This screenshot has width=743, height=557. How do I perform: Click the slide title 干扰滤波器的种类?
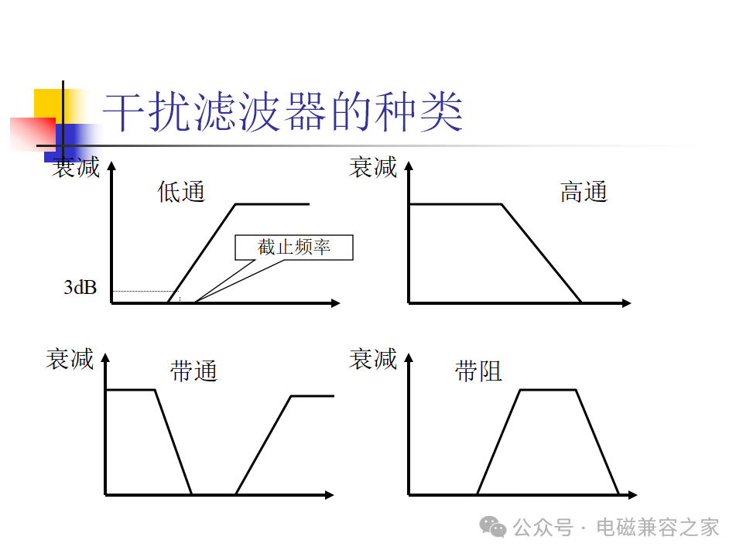click(x=283, y=111)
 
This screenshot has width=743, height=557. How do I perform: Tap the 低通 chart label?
click(x=181, y=192)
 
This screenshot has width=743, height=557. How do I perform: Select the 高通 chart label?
click(x=584, y=192)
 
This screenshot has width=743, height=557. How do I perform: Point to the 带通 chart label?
click(x=193, y=371)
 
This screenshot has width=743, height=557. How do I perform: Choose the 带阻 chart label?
click(x=478, y=371)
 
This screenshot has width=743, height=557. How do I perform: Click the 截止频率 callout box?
click(x=294, y=248)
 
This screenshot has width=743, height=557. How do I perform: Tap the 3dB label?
click(x=80, y=288)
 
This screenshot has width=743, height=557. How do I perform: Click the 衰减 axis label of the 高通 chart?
click(x=373, y=167)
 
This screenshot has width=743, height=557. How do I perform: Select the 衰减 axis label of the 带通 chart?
click(x=70, y=358)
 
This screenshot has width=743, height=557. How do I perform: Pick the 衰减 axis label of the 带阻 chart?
click(x=373, y=358)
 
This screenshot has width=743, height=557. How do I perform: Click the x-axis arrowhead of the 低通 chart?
click(x=335, y=303)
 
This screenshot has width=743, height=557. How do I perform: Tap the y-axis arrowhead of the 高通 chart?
click(x=409, y=166)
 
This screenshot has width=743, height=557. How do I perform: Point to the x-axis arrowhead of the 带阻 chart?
click(x=632, y=495)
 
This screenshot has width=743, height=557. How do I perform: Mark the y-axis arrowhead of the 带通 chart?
click(x=105, y=357)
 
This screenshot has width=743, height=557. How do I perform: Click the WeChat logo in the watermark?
click(x=493, y=527)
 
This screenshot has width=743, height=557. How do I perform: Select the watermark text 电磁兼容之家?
click(x=658, y=527)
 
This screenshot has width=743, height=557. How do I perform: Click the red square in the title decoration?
click(x=33, y=135)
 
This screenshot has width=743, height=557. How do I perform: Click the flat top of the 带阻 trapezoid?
click(x=548, y=390)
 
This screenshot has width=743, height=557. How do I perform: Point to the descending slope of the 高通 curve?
click(x=542, y=254)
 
